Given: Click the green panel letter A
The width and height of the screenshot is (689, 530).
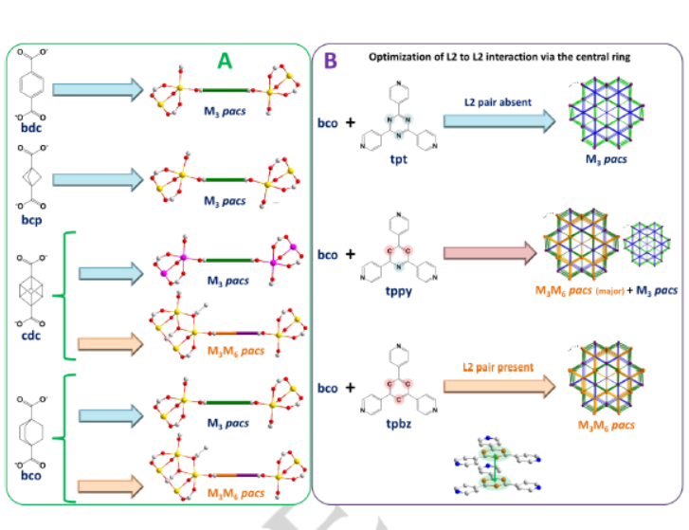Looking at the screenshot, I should coord(225,63).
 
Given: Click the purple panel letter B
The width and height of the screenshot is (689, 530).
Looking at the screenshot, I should coord(331,60).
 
